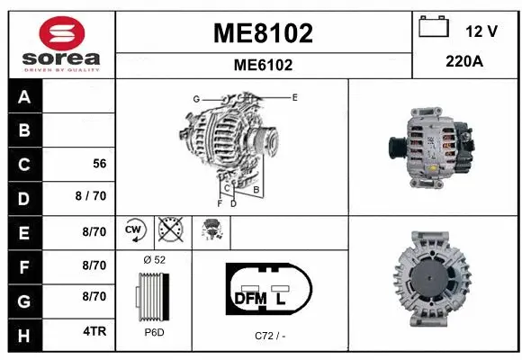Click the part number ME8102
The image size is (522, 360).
tap(263, 33)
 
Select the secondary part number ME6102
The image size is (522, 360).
tap(263, 65)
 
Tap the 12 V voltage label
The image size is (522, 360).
tap(481, 31)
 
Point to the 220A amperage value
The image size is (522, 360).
tap(466, 63)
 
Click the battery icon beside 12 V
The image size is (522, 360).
tap(434, 28)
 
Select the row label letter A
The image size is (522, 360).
tap(23, 97)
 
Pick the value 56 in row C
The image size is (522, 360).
tap(100, 164)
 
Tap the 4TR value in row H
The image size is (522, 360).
tap(94, 331)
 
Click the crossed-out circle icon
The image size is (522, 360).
tap(169, 230)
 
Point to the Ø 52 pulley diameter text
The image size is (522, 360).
tap(154, 259)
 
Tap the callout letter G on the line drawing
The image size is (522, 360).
tap(195, 98)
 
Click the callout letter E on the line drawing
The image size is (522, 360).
tap(294, 95)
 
